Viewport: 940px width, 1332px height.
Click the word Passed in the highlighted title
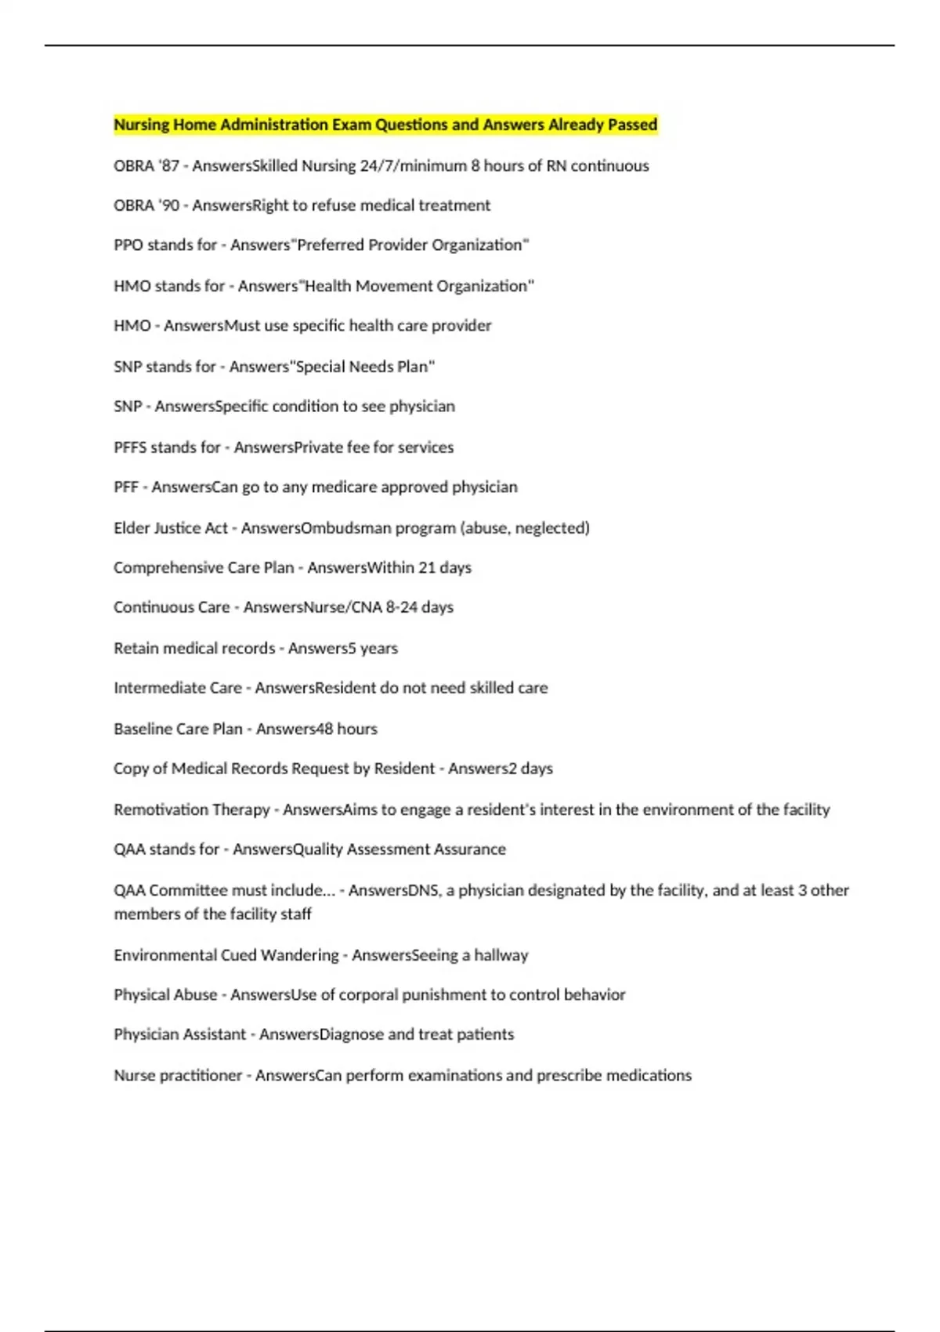pyautogui.click(x=632, y=125)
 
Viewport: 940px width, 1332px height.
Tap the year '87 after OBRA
pyautogui.click(x=168, y=166)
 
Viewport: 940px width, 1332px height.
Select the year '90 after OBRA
pyautogui.click(x=168, y=205)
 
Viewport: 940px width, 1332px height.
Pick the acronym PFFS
pyautogui.click(x=129, y=447)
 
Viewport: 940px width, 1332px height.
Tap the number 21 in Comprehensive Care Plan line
pyautogui.click(x=426, y=567)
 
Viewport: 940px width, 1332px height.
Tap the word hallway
pyautogui.click(x=501, y=955)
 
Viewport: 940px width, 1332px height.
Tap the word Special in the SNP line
pyautogui.click(x=320, y=367)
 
